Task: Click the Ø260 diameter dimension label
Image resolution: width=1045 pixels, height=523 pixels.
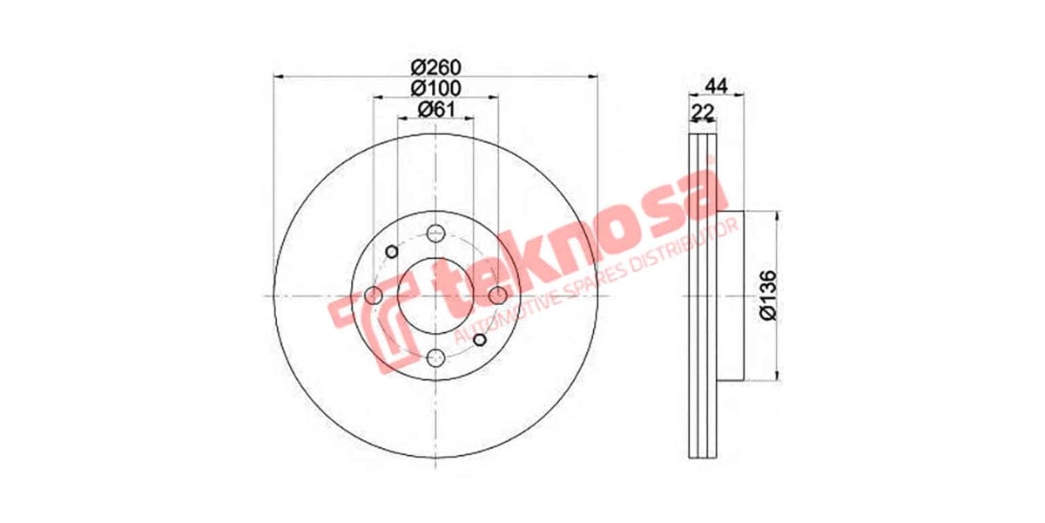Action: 435,68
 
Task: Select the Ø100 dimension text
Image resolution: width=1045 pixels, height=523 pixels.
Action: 435,88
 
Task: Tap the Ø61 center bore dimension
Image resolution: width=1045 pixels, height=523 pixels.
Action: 435,109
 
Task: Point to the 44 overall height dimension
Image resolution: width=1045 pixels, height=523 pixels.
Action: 716,85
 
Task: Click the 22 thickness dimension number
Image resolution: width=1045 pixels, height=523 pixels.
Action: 702,111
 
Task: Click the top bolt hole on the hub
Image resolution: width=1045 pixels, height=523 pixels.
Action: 435,234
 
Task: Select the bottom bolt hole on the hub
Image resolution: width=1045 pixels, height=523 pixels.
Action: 435,357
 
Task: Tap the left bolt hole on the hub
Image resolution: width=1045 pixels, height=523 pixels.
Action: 374,295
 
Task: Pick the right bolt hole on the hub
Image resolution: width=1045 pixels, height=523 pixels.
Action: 497,295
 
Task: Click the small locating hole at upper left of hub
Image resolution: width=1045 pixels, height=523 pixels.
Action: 392,252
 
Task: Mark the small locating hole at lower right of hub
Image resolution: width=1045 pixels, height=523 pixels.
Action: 479,339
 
